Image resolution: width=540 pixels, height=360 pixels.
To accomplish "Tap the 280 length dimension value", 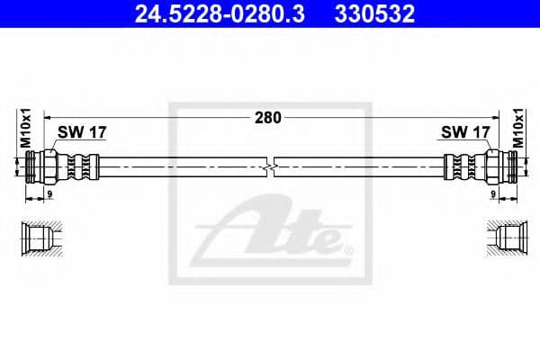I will point(268,117).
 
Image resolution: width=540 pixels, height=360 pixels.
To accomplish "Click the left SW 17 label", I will point(82,132).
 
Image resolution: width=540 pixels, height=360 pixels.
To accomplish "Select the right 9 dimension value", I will point(492,193).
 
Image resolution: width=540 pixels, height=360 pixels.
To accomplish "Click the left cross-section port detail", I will point(41,238).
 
